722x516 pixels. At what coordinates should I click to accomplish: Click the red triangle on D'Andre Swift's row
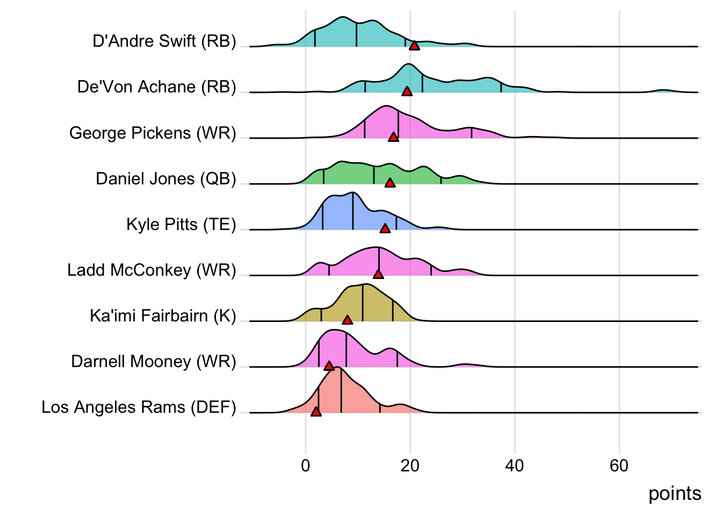tap(414, 46)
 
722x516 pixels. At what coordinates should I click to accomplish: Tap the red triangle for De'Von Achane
tap(407, 91)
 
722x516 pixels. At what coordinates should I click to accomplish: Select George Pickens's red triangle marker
tap(393, 137)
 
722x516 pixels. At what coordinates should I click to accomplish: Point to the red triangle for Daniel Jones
tap(390, 183)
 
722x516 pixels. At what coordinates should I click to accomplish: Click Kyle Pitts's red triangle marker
tap(385, 228)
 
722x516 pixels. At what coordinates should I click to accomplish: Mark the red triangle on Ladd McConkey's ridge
tap(378, 274)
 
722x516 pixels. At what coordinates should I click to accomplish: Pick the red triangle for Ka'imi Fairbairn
tap(348, 320)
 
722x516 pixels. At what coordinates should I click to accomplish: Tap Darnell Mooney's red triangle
tap(329, 366)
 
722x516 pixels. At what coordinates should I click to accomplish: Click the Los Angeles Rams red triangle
tap(316, 412)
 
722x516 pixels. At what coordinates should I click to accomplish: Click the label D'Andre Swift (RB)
tap(164, 41)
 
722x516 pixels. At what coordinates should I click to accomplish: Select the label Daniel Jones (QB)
tap(166, 178)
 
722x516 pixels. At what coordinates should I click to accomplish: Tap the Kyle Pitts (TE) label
tap(181, 224)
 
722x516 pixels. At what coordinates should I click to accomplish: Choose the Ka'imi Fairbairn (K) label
tap(163, 316)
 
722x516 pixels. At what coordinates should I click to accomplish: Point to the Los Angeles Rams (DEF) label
tap(139, 407)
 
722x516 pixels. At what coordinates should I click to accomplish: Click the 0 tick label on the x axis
tap(306, 465)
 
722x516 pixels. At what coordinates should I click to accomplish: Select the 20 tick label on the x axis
tap(410, 465)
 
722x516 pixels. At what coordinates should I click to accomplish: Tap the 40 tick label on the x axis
tap(515, 465)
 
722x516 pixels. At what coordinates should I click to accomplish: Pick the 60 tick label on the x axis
tap(619, 465)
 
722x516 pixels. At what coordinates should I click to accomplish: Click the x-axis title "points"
tap(675, 493)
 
